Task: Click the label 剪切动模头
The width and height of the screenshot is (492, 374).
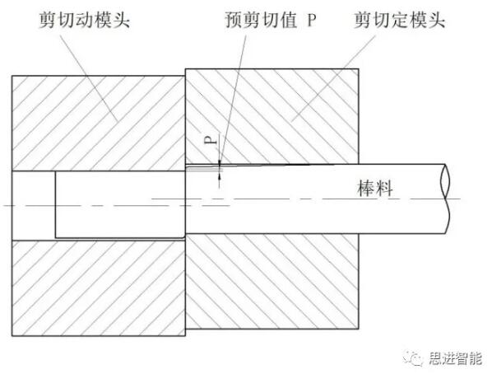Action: pyautogui.click(x=85, y=20)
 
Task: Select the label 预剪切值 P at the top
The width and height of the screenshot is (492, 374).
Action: pyautogui.click(x=271, y=20)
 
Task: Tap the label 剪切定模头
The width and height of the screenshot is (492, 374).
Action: pyautogui.click(x=399, y=20)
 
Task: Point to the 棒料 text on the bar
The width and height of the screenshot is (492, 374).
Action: pyautogui.click(x=375, y=189)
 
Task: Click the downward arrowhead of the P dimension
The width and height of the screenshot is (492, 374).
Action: pyautogui.click(x=220, y=162)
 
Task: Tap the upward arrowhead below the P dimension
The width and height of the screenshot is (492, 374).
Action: pyautogui.click(x=220, y=176)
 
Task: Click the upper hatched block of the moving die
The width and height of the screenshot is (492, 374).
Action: pyautogui.click(x=98, y=124)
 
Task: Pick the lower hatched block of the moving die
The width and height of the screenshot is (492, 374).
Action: pyautogui.click(x=98, y=288)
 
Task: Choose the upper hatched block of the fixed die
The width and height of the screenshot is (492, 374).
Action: pyautogui.click(x=272, y=116)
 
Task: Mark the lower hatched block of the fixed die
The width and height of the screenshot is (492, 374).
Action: pyautogui.click(x=272, y=281)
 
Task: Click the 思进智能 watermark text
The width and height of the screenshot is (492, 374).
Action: pyautogui.click(x=455, y=358)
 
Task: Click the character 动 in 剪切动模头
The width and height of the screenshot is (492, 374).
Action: pyautogui.click(x=85, y=20)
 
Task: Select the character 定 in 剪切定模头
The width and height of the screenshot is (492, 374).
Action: pyautogui.click(x=399, y=20)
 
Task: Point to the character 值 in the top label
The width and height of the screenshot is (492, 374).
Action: pyautogui.click(x=288, y=20)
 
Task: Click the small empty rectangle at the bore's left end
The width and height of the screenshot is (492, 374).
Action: pyautogui.click(x=34, y=206)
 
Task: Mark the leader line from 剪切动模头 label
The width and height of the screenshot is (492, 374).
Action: pyautogui.click(x=89, y=77)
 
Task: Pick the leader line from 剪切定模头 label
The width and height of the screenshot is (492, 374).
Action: pyautogui.click(x=333, y=78)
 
